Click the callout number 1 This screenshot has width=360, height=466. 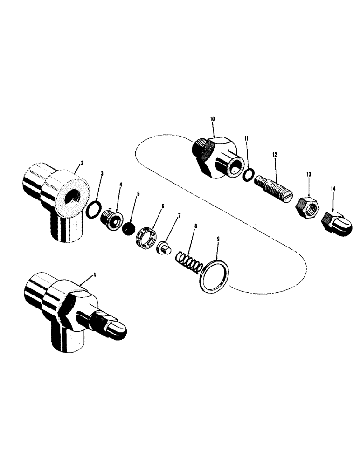95,275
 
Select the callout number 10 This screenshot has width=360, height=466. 212,120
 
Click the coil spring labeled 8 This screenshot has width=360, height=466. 189,262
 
